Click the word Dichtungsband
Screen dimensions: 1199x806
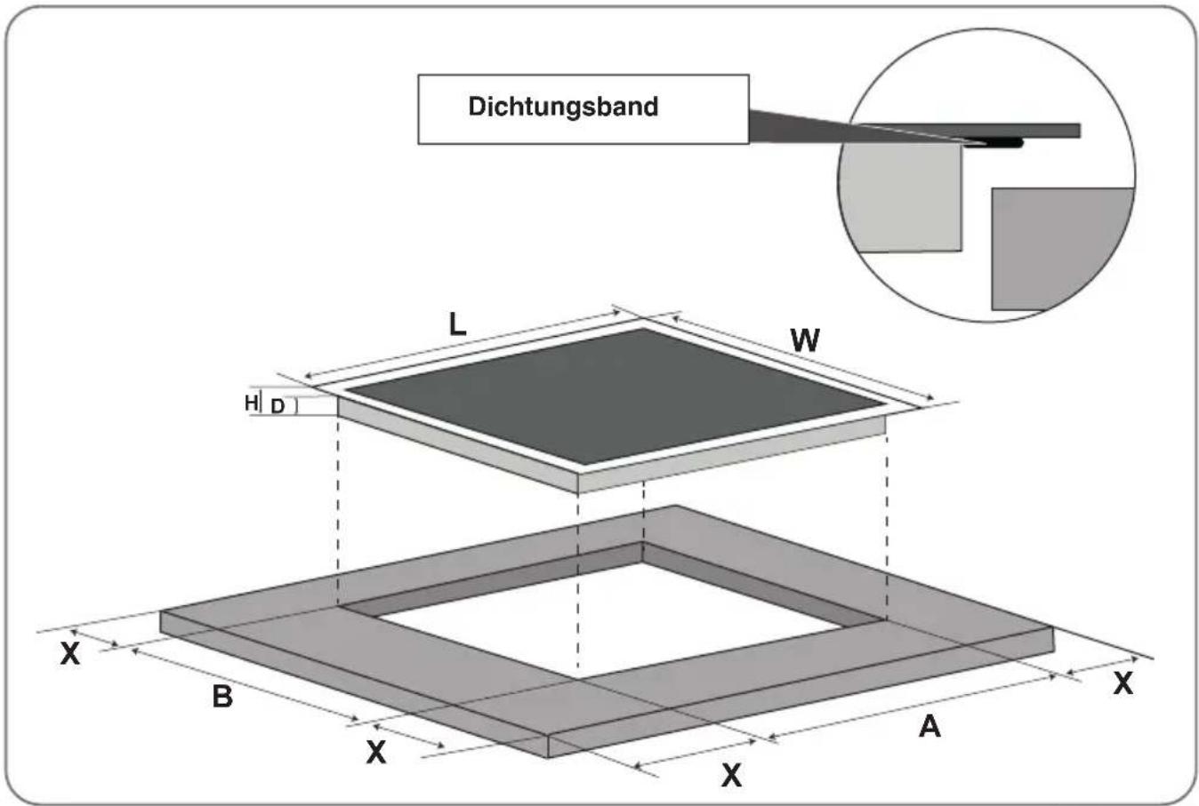click(563, 107)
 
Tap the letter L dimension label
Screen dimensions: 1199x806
click(457, 324)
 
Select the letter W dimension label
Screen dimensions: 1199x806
click(804, 340)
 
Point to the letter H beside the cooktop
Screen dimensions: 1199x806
click(251, 403)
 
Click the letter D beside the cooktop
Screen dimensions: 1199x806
click(278, 406)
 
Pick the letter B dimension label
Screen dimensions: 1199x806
click(222, 697)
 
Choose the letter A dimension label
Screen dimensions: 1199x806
click(929, 727)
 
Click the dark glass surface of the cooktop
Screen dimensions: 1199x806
click(616, 395)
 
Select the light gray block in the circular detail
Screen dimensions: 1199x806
click(905, 198)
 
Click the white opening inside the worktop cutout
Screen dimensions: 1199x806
click(610, 620)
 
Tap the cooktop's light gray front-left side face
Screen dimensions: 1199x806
click(458, 444)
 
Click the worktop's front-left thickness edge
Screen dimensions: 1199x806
click(354, 684)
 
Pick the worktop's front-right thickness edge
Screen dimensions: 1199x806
click(801, 692)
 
